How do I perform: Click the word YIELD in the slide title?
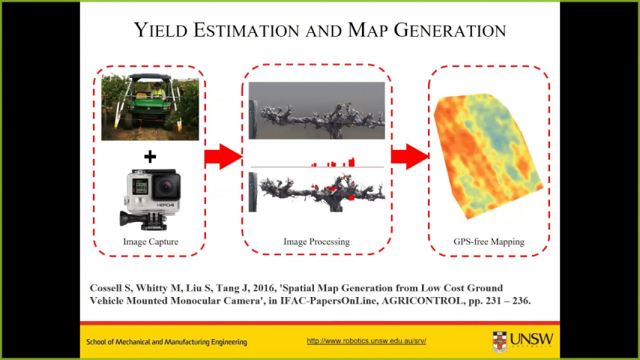click(x=161, y=30)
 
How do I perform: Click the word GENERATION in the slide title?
click(x=450, y=30)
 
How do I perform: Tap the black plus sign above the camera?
click(x=150, y=157)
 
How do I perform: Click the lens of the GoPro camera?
click(x=166, y=187)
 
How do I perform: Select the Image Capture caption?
click(x=151, y=241)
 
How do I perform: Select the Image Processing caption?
click(x=317, y=241)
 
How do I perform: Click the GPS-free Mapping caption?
click(x=489, y=241)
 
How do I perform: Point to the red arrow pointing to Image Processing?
click(x=223, y=157)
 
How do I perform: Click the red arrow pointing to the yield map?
click(x=409, y=157)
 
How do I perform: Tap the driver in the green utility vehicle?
click(x=157, y=91)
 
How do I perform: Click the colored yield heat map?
click(x=488, y=156)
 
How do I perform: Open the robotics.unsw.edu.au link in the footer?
click(x=366, y=340)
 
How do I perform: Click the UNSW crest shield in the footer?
click(x=500, y=341)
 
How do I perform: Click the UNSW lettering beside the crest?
click(x=532, y=339)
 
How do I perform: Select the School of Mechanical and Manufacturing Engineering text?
click(x=166, y=342)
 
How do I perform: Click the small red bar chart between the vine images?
click(x=333, y=162)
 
